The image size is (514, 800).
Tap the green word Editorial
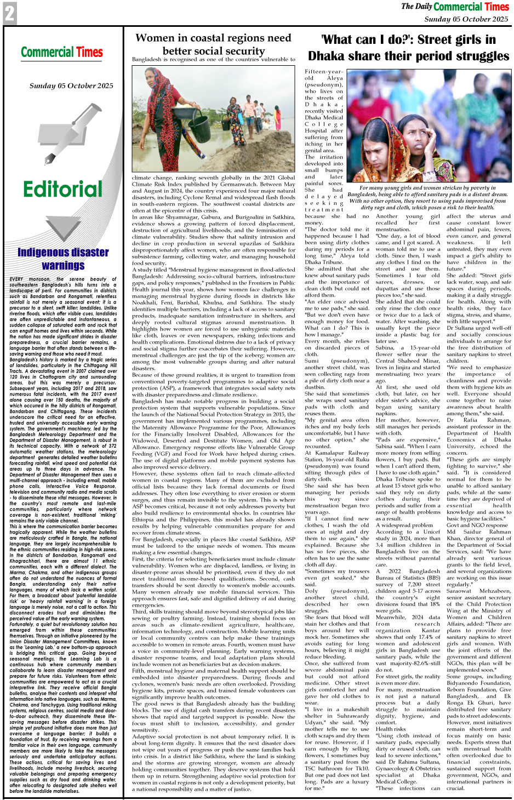(x=62, y=190)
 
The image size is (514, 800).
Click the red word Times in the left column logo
(x=89, y=52)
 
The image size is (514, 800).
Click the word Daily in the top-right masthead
(x=424, y=7)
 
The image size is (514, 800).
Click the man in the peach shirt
(x=250, y=108)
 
